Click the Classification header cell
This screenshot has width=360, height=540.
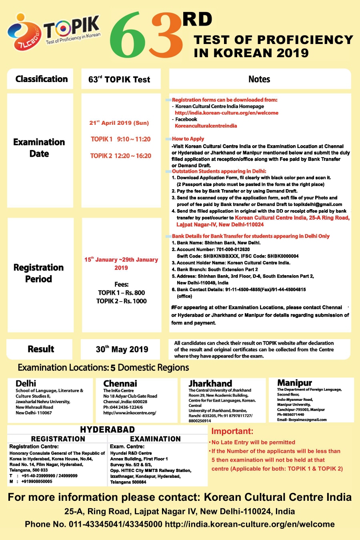tap(41, 79)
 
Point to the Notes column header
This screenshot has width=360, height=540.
tap(259, 79)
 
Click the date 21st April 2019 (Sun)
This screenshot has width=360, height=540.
tap(119, 123)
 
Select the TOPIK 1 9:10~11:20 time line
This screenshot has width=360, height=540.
tap(120, 139)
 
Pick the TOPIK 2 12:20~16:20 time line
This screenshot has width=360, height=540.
tap(120, 156)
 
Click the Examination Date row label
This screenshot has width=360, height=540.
tap(39, 148)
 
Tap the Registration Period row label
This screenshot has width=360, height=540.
tap(39, 273)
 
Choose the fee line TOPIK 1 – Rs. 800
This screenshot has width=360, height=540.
tap(121, 293)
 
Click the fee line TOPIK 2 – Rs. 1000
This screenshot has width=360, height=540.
tap(121, 301)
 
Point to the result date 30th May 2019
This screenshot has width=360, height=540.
tap(122, 349)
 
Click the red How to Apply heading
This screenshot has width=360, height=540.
tap(188, 139)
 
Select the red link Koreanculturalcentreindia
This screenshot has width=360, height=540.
tap(206, 126)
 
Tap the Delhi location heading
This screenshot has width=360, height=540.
tap(26, 383)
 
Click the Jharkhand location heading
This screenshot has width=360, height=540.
tap(210, 383)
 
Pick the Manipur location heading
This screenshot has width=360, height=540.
tap(294, 383)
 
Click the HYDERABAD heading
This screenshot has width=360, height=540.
tap(107, 430)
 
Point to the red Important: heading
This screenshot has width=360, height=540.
tap(232, 431)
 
